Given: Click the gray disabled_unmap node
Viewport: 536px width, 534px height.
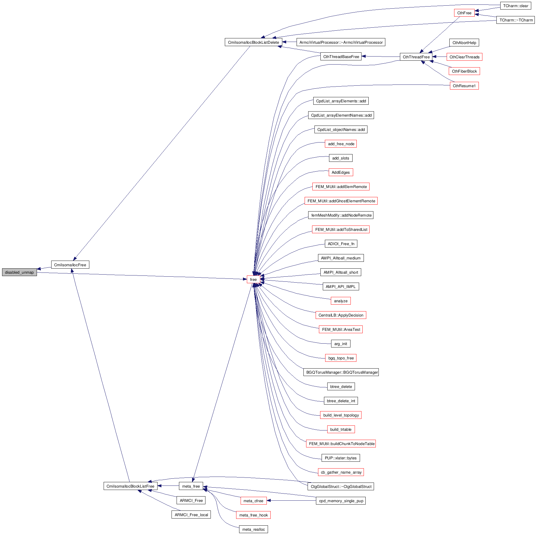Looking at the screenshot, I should (19, 272).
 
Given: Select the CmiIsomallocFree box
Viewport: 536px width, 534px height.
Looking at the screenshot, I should (70, 265).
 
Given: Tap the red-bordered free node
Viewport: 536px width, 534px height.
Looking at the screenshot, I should (253, 279).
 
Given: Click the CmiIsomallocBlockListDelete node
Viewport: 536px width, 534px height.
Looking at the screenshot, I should (253, 42).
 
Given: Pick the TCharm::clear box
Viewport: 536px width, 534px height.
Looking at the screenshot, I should (515, 6).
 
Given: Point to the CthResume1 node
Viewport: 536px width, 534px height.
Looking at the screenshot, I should (464, 86).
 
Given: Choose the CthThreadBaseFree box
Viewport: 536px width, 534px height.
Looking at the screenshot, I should (341, 57).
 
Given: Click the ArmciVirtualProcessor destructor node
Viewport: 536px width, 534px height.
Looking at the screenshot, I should (341, 42).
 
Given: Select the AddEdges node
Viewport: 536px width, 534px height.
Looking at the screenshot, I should (341, 172).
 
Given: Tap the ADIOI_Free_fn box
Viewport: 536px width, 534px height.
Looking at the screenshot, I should (341, 244).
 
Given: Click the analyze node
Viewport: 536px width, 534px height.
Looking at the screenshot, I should (341, 301).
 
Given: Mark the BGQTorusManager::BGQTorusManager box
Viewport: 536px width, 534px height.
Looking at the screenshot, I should (341, 372).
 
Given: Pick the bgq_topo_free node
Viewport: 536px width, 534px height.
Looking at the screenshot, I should (341, 358).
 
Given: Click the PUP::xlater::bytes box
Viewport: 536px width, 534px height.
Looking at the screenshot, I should (341, 458).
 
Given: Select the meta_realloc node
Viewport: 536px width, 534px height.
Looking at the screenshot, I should (253, 529).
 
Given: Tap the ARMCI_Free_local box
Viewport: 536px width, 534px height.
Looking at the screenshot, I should (191, 515).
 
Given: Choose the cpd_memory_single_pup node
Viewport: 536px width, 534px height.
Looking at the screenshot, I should (341, 501).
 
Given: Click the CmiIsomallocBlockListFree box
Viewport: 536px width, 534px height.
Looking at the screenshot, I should (130, 486).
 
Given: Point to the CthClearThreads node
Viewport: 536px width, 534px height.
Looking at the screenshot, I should (464, 57).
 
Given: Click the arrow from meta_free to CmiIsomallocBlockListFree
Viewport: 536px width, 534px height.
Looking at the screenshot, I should (168, 486).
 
